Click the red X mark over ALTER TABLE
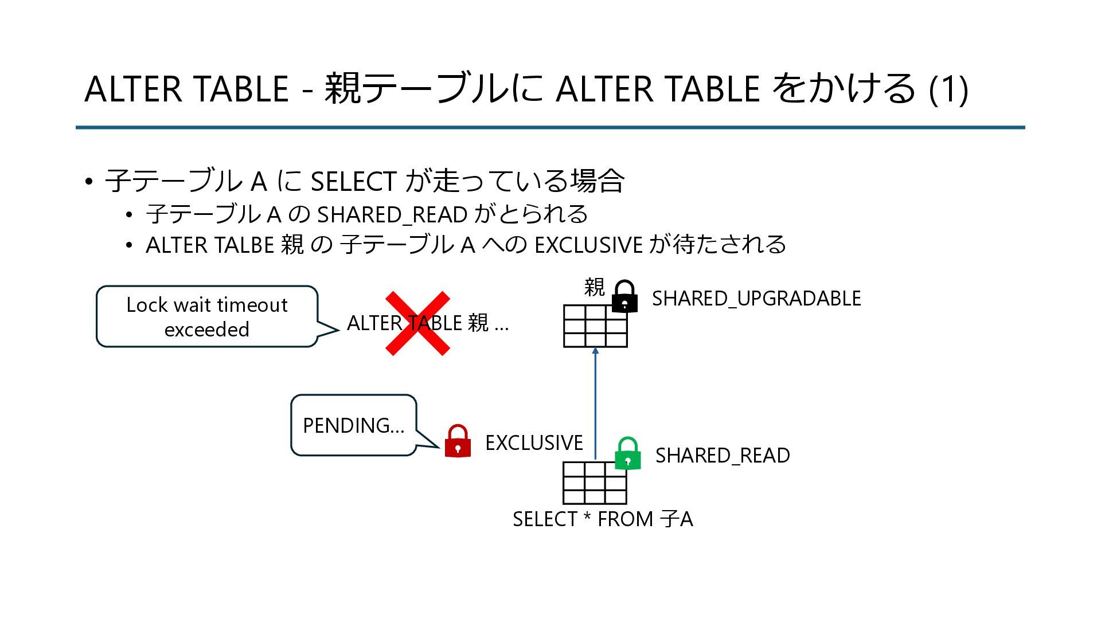point(417,323)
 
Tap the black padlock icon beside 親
point(624,296)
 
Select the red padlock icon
point(458,441)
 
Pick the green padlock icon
point(627,454)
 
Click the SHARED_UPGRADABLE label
point(756,299)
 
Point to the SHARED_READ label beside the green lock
point(722,456)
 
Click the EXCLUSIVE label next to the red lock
point(533,443)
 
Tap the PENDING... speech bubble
point(353,425)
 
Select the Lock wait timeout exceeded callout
point(206,316)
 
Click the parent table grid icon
point(595,326)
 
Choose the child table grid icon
point(594,483)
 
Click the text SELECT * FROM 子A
point(602,519)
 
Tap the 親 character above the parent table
point(594,287)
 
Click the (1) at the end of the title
point(948,89)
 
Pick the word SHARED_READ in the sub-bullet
point(392,215)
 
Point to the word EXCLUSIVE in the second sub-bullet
point(588,245)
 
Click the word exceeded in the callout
point(206,330)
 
